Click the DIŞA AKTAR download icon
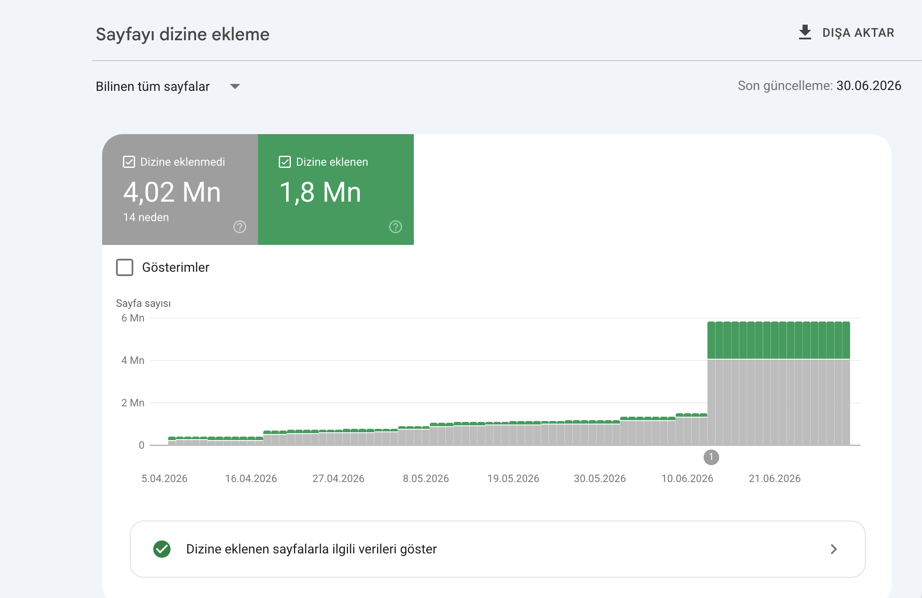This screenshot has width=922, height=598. tap(805, 32)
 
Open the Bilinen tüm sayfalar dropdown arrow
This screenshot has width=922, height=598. tap(235, 87)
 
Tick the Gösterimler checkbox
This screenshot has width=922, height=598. tap(125, 267)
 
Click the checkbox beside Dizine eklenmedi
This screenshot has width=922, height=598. tap(129, 162)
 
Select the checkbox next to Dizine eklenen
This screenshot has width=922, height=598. tap(285, 162)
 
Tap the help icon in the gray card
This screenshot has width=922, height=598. tap(240, 227)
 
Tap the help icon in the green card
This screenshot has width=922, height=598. tap(396, 227)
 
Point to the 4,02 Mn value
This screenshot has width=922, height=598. tap(172, 192)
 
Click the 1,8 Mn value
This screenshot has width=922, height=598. tap(320, 192)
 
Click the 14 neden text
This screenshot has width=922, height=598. tap(146, 217)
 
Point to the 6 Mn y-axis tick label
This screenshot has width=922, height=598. tap(133, 318)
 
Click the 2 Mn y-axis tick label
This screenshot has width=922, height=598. tap(133, 403)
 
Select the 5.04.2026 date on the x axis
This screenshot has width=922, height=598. tap(164, 479)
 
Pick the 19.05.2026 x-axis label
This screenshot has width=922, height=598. tap(513, 479)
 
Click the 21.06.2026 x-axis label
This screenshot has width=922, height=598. tap(775, 479)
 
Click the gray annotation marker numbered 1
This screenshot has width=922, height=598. tap(711, 457)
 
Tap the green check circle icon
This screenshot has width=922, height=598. tap(162, 549)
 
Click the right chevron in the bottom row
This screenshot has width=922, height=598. tap(834, 549)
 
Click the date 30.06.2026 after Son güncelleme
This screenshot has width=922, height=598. tap(869, 86)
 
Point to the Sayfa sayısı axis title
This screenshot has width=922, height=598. tap(143, 303)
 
